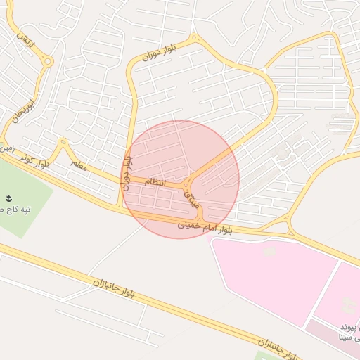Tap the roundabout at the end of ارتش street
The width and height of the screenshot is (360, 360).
point(48,62)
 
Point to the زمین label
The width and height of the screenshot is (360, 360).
point(6,148)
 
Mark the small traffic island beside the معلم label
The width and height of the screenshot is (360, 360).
point(63,143)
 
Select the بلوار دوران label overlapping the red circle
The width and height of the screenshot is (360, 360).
point(127,171)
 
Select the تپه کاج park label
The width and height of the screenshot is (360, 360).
point(13,210)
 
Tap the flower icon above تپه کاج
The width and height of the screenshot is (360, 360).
point(9,198)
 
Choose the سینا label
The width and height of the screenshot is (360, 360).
point(349,338)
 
